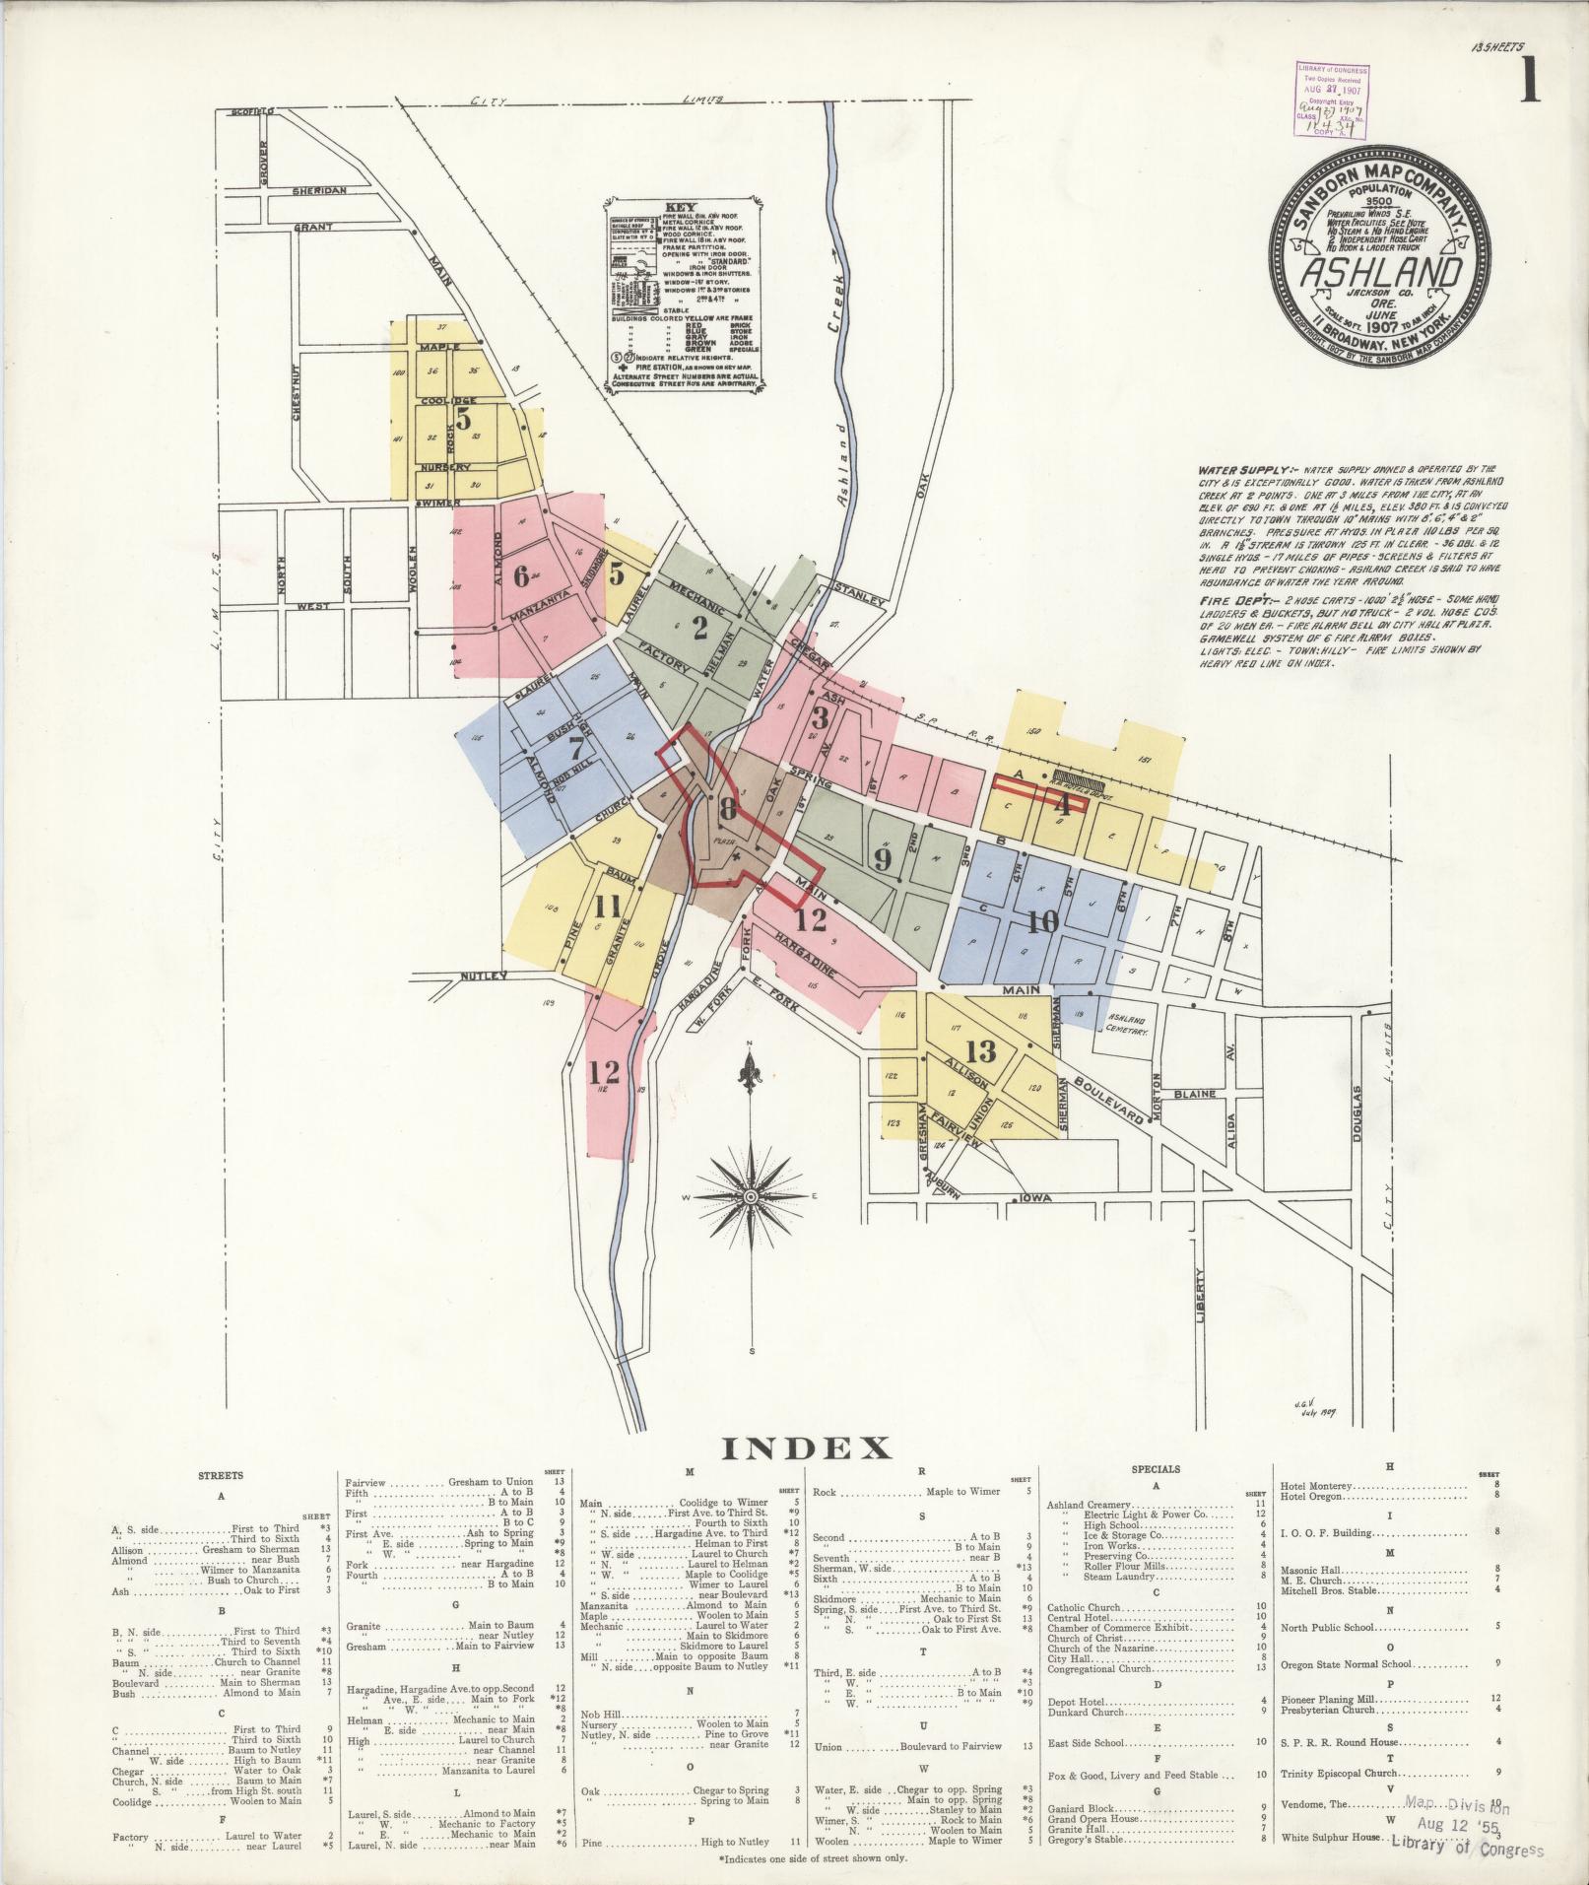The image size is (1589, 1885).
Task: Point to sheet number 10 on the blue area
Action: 1042,921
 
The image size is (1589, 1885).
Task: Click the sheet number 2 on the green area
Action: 700,628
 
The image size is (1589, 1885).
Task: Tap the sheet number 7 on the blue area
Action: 575,747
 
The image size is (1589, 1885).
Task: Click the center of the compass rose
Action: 751,1196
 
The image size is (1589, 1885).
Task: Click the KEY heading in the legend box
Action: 681,208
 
